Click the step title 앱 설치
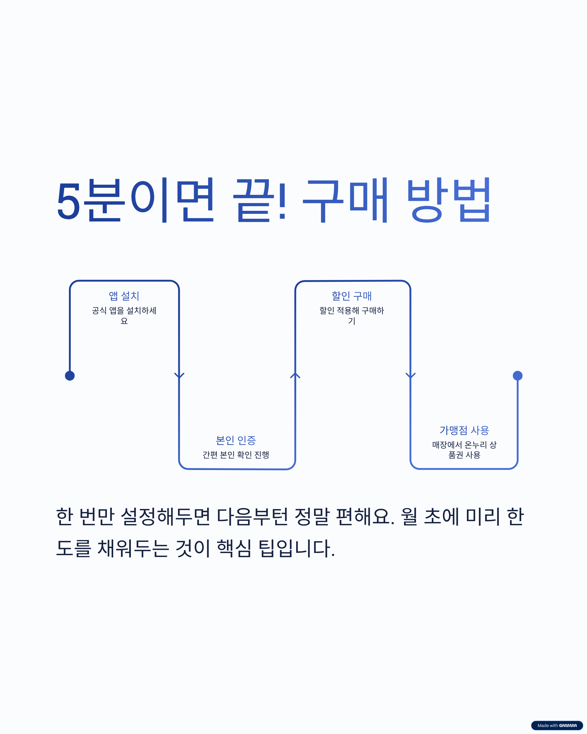[x=124, y=296]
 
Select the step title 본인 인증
[x=236, y=440]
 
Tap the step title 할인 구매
[x=351, y=296]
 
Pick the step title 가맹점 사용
[x=464, y=430]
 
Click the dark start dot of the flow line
[x=70, y=376]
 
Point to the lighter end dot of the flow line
[x=517, y=376]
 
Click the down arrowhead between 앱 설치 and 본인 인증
[x=179, y=376]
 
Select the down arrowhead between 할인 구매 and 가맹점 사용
[x=410, y=376]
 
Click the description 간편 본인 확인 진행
[x=236, y=455]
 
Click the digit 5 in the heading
[x=68, y=202]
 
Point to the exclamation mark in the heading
[x=282, y=202]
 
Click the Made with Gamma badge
[x=557, y=725]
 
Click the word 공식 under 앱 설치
[x=99, y=310]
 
